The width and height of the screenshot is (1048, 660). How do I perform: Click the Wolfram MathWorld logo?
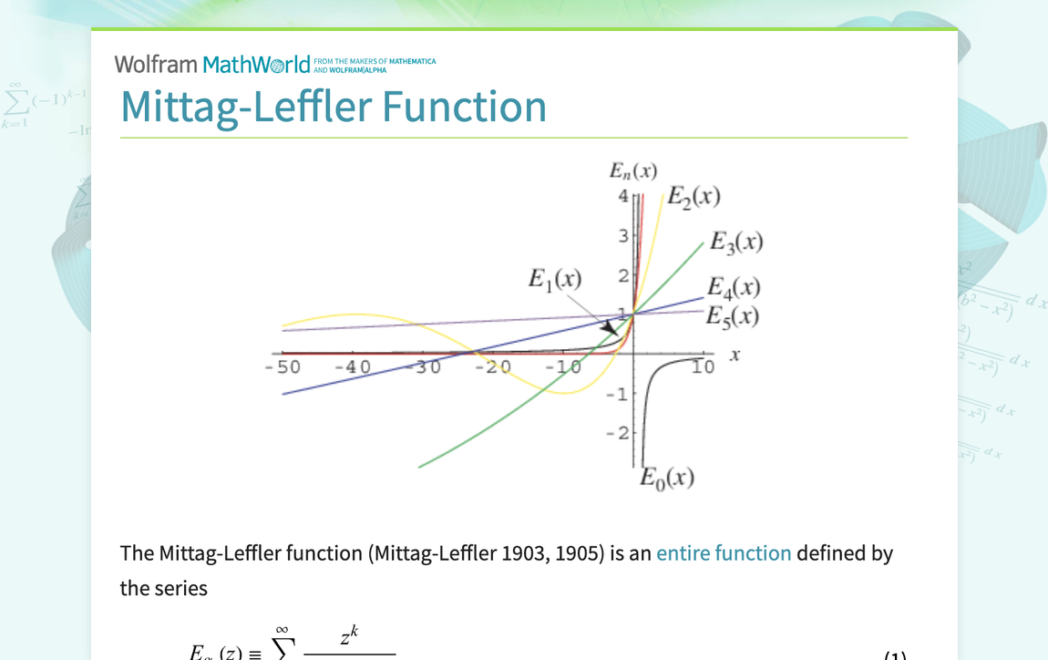(211, 64)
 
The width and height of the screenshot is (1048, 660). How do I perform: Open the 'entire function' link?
(724, 553)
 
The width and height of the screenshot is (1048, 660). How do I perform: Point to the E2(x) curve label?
(694, 196)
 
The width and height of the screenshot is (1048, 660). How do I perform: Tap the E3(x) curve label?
(735, 242)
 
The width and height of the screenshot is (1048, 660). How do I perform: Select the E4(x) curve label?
(734, 287)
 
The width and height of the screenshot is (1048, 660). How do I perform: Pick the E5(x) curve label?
(733, 315)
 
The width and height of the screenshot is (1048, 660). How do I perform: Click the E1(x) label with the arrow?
(554, 279)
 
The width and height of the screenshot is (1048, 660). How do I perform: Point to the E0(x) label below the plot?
(667, 477)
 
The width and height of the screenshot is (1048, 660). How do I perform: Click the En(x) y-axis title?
(633, 170)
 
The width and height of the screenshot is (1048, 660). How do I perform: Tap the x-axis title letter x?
(735, 354)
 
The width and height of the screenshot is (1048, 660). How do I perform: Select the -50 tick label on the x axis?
(283, 367)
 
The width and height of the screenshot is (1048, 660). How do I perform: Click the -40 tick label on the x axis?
(353, 367)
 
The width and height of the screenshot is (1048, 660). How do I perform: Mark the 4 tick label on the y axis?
(623, 196)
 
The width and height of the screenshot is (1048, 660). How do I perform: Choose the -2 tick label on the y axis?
(618, 432)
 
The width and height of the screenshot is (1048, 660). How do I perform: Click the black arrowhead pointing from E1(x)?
(609, 326)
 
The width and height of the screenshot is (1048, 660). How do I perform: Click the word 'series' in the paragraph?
(181, 588)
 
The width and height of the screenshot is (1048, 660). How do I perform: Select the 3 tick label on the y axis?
(623, 236)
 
